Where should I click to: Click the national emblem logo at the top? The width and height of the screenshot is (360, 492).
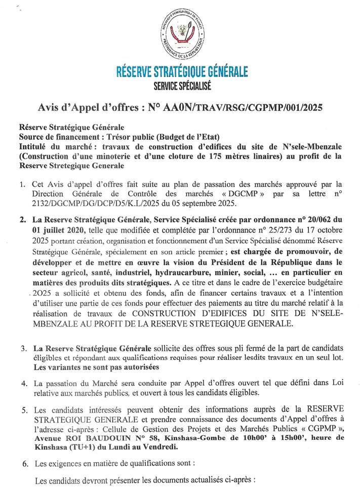(183, 36)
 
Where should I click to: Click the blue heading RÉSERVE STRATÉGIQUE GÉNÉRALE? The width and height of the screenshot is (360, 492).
(182, 70)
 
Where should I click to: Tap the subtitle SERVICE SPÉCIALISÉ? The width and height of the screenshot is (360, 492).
(182, 87)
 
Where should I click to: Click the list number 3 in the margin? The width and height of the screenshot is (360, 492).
(23, 349)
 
